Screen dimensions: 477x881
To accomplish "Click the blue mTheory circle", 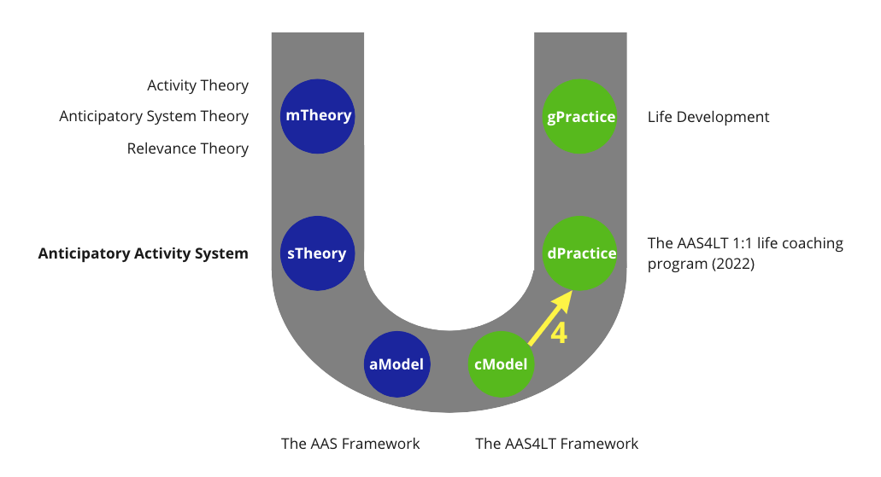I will tap(317, 116).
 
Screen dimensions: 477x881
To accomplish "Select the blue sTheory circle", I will tap(317, 253).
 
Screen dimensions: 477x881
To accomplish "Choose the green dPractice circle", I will tap(580, 253).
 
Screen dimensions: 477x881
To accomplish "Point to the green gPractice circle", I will tap(580, 116).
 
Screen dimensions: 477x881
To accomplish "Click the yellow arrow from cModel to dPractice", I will tap(549, 318).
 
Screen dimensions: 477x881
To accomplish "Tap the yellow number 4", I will tap(558, 334).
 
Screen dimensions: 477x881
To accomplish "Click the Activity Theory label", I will tap(197, 85).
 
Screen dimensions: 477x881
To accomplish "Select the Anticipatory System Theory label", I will tap(154, 116).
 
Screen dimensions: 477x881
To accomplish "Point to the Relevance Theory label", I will tap(187, 148).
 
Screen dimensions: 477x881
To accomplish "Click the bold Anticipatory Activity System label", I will tap(144, 253).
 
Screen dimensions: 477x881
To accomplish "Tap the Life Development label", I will tap(708, 117).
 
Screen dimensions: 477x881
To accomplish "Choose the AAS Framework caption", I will tap(350, 444).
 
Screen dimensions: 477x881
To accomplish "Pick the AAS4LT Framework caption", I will tap(556, 444).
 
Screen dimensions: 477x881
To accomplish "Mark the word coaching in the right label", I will tap(810, 244).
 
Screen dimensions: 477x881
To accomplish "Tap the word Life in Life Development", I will tap(661, 117).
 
